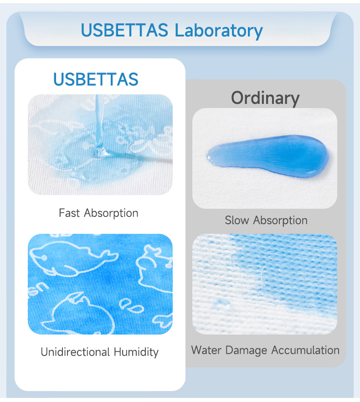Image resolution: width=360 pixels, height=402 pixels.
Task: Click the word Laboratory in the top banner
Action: click(219, 31)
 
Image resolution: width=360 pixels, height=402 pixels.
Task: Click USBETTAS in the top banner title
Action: click(125, 31)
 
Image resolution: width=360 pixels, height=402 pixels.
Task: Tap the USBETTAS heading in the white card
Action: click(96, 79)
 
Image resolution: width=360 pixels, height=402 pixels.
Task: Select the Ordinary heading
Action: click(265, 98)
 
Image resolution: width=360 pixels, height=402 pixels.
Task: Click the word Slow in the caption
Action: click(237, 221)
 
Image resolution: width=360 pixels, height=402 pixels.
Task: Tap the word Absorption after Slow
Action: click(280, 221)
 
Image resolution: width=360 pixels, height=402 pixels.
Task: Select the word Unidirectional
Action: click(75, 352)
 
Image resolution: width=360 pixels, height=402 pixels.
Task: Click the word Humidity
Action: click(136, 352)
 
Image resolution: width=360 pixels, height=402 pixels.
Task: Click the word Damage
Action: click(246, 350)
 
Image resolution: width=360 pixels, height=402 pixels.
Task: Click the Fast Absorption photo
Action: click(100, 144)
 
